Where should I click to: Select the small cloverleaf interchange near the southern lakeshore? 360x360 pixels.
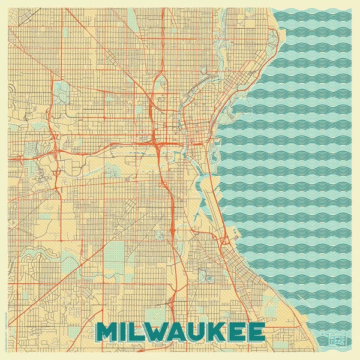pos(224,241)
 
